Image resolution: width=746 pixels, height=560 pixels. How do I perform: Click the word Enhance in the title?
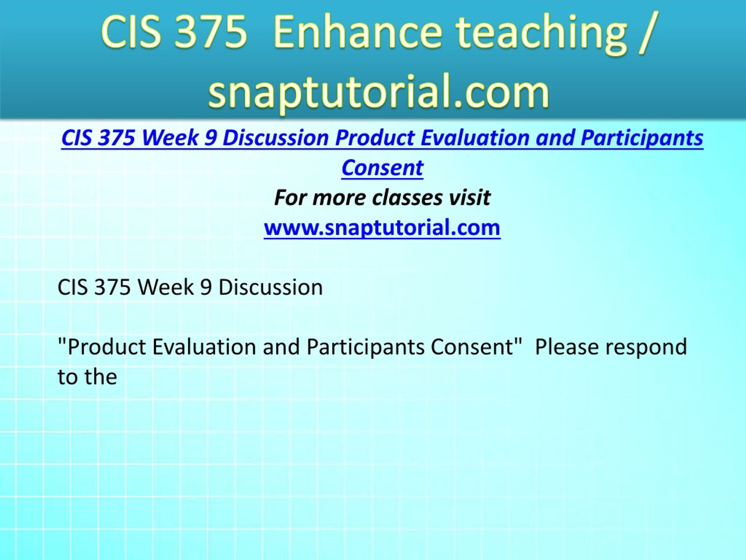click(358, 33)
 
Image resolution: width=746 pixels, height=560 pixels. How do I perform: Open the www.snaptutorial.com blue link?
click(382, 227)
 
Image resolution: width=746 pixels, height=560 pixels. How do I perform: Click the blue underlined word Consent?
click(382, 167)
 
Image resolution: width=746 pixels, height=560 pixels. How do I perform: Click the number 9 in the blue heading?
click(210, 138)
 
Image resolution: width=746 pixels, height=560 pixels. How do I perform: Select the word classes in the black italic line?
click(407, 198)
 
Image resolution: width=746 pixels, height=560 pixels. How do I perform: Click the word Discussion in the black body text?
click(270, 287)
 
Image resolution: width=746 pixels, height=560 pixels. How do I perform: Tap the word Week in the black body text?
click(166, 287)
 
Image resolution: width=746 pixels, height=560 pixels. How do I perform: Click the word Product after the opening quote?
click(107, 347)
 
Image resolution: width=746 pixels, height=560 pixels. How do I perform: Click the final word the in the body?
click(101, 376)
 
